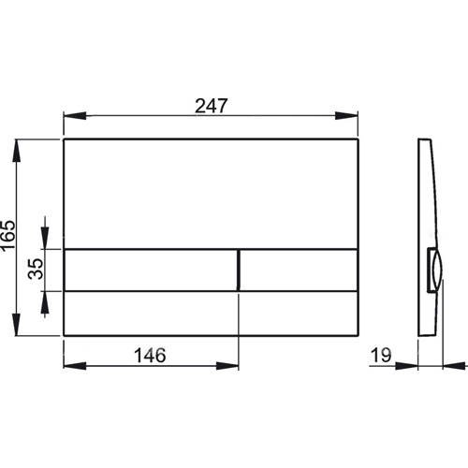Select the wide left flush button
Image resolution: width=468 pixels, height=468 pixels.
[x=151, y=271]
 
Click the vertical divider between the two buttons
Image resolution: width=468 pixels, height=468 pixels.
[x=241, y=271]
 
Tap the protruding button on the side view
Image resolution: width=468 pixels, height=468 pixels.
[x=435, y=271]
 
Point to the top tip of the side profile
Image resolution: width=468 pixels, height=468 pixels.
[x=421, y=141]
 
